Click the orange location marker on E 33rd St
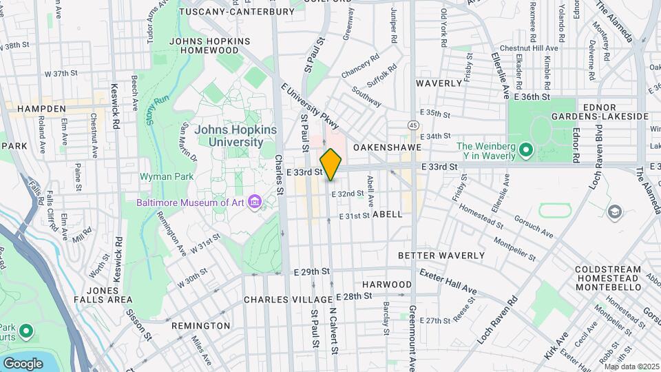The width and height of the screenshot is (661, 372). pos(330,164)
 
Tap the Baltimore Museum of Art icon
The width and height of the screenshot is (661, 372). pos(255,202)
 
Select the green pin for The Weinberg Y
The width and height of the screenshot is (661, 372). pos(526,149)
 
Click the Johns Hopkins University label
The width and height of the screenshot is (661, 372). pos(229,136)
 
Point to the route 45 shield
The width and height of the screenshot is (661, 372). pos(412,125)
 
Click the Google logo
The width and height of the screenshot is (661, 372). pos(23,363)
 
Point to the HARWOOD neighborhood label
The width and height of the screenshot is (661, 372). pos(387,284)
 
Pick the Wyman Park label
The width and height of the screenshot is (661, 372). pos(160,176)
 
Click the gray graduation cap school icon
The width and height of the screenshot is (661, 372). pos(615,211)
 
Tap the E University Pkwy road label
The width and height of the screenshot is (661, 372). pos(311,106)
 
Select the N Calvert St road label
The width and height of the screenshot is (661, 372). pos(333,330)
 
